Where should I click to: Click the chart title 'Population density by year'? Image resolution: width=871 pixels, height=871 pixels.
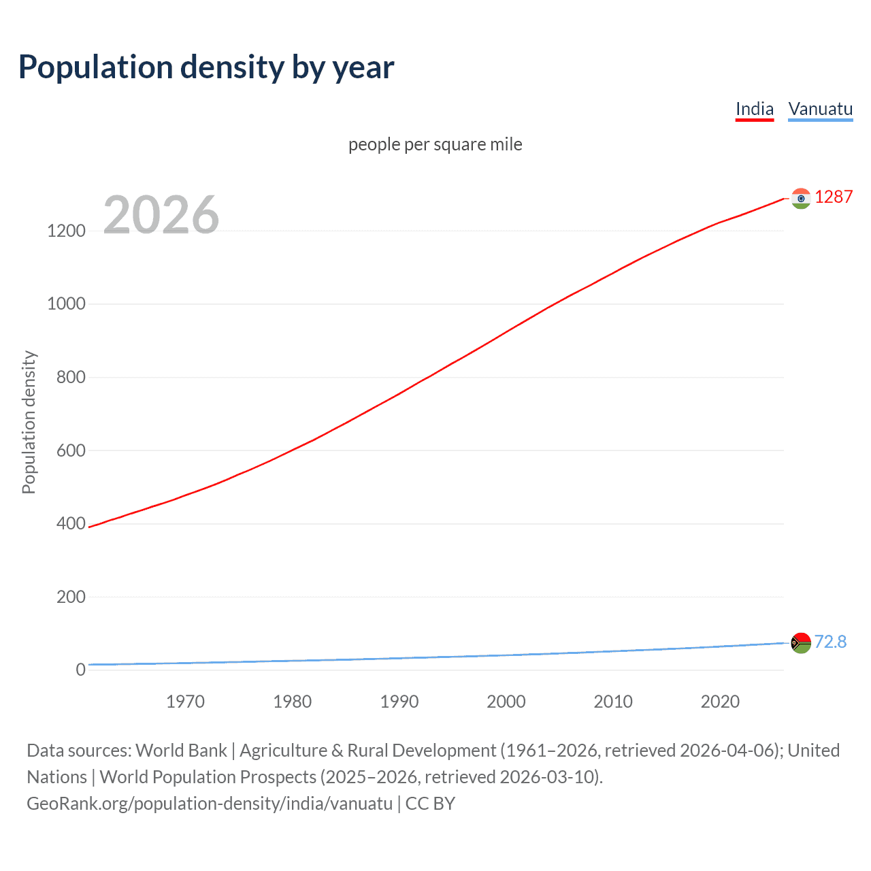pyautogui.click(x=206, y=67)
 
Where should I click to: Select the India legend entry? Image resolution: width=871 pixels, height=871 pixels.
pyautogui.click(x=754, y=109)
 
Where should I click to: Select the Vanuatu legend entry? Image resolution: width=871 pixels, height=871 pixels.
pyautogui.click(x=820, y=109)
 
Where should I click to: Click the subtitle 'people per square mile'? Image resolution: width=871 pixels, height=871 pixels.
pyautogui.click(x=435, y=144)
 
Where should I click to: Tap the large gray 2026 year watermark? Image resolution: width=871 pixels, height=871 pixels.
pyautogui.click(x=161, y=215)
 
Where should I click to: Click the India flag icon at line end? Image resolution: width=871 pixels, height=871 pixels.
pyautogui.click(x=801, y=198)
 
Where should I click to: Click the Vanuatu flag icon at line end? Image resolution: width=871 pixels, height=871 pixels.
pyautogui.click(x=801, y=642)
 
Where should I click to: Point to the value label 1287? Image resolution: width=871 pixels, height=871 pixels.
pyautogui.click(x=834, y=197)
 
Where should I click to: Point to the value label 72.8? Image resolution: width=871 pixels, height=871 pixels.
pyautogui.click(x=830, y=642)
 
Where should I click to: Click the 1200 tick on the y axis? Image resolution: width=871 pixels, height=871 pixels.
pyautogui.click(x=66, y=231)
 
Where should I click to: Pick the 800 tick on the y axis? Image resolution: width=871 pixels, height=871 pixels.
pyautogui.click(x=71, y=377)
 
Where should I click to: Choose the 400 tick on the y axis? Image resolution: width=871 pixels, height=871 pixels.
pyautogui.click(x=71, y=523)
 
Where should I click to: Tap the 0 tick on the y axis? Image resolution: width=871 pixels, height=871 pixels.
pyautogui.click(x=81, y=670)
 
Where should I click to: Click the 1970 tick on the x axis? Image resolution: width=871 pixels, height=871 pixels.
pyautogui.click(x=185, y=702)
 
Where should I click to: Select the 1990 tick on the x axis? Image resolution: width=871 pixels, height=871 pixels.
pyautogui.click(x=399, y=702)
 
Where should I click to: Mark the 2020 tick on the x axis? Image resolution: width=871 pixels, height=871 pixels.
pyautogui.click(x=720, y=702)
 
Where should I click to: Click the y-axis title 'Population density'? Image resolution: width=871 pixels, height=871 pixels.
pyautogui.click(x=29, y=422)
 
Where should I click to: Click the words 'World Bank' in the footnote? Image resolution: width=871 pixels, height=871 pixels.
pyautogui.click(x=181, y=751)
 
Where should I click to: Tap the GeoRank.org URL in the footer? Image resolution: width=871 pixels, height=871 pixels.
pyautogui.click(x=210, y=804)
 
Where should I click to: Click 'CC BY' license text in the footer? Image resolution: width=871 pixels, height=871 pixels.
pyautogui.click(x=430, y=804)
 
